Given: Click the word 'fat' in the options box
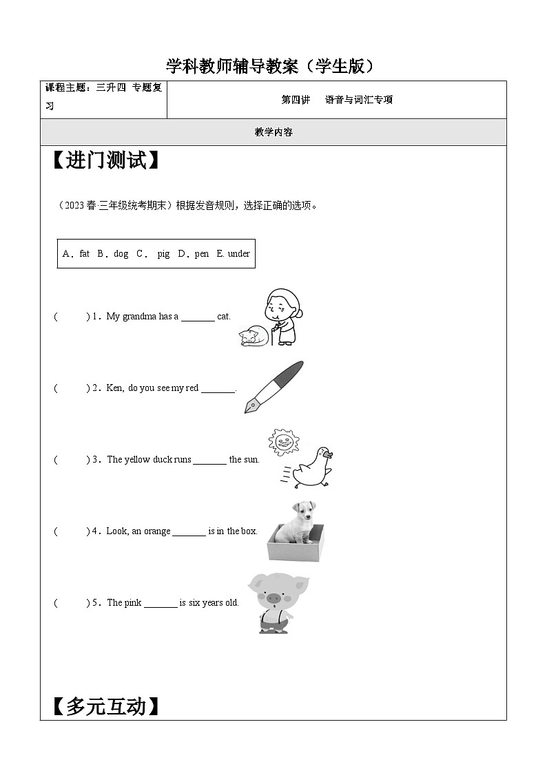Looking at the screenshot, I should [x=84, y=254].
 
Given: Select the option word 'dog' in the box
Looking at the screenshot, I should [x=121, y=254].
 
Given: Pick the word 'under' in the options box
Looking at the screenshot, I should [x=238, y=254].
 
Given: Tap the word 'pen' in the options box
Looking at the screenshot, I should [x=201, y=254].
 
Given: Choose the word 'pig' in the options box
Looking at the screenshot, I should [x=163, y=254].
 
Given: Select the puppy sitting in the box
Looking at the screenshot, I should [x=297, y=523].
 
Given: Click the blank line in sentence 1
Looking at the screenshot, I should [x=198, y=318].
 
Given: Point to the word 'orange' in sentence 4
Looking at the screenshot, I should [x=156, y=531].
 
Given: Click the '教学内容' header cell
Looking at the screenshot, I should [x=273, y=132].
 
